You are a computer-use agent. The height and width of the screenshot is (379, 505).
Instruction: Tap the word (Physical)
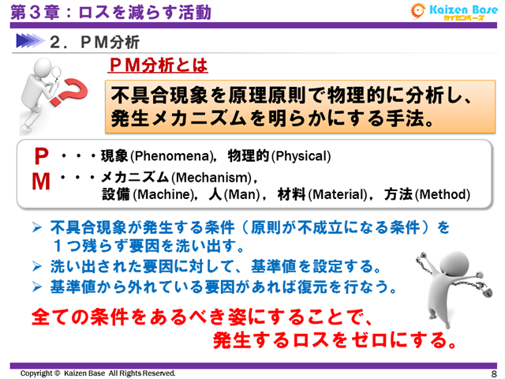tap(301, 156)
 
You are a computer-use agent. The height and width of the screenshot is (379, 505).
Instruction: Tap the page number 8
tap(492, 373)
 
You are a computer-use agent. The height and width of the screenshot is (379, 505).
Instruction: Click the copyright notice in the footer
tap(98, 373)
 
